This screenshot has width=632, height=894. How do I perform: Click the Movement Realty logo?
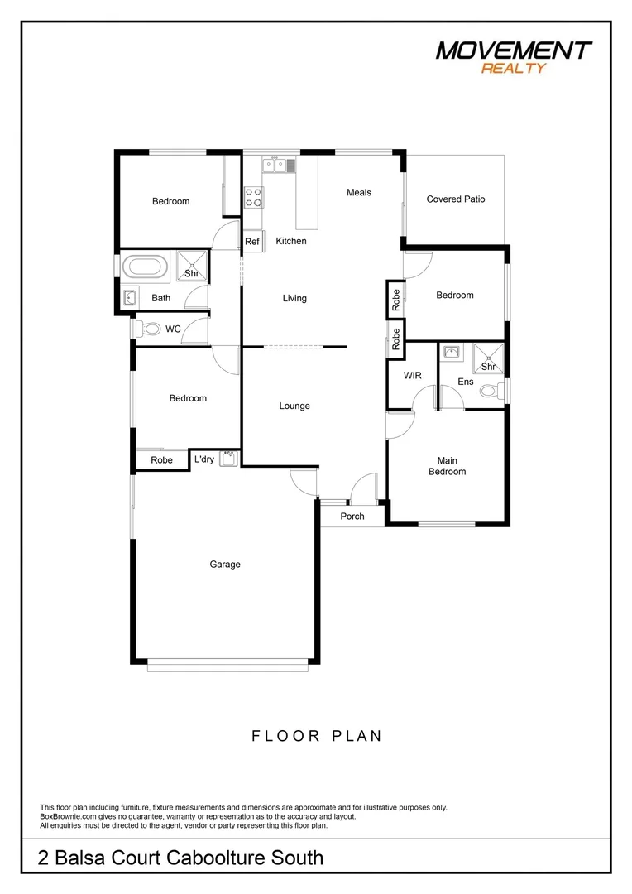514,56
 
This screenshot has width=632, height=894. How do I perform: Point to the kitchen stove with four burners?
253,197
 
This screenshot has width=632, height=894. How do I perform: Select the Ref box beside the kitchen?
252,242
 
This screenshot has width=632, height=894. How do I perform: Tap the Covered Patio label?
456,199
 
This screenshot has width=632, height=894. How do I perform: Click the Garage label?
225,565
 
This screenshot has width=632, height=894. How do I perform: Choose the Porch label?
352,517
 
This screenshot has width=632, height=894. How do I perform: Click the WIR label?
412,376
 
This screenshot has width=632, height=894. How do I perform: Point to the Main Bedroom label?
447,466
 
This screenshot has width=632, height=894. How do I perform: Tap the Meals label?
359,192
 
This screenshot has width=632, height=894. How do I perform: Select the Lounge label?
294,406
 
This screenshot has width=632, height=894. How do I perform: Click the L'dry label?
203,459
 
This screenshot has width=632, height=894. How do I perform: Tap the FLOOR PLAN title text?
317,735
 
